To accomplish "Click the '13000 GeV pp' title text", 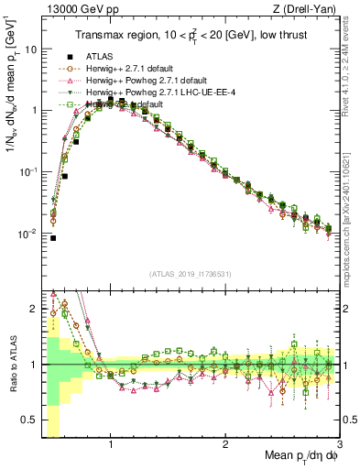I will (76, 9).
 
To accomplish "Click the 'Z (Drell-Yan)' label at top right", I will (307, 9).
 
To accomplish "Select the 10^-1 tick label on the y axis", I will (27, 172).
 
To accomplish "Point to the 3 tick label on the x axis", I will (339, 445).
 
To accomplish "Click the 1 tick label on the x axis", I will (111, 445).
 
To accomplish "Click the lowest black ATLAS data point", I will (53, 238).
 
